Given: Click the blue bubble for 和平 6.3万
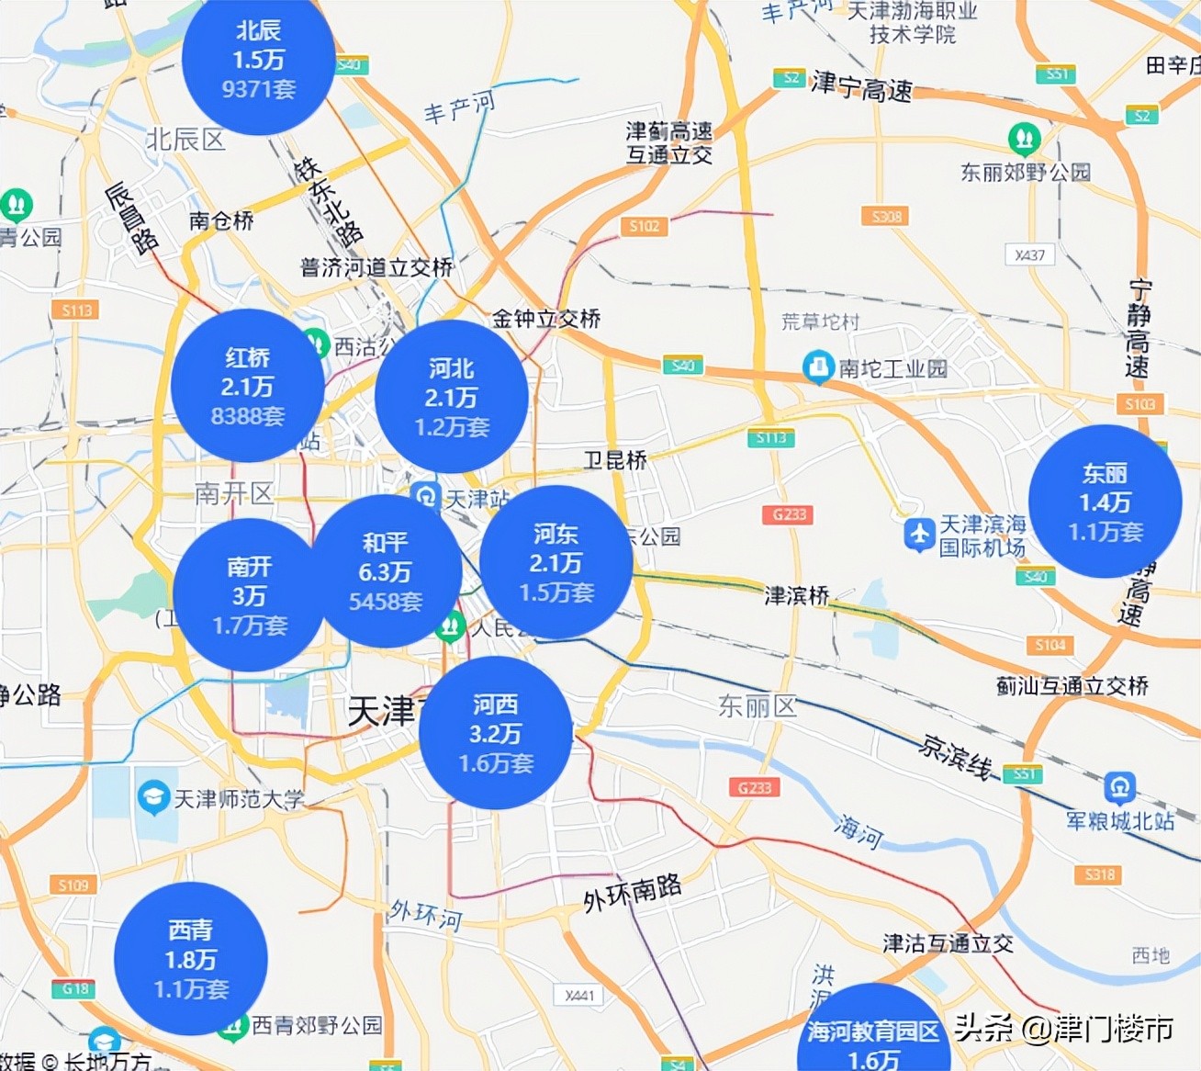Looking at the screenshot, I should click(x=386, y=571).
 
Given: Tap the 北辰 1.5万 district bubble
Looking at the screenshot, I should click(x=258, y=60).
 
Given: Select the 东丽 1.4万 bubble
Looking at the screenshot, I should click(x=1105, y=502).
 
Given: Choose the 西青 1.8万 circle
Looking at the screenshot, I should click(x=191, y=959).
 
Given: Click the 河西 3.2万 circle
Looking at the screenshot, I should click(x=496, y=733).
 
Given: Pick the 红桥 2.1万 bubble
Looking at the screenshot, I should click(x=247, y=386).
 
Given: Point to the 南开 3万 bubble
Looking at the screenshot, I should click(x=249, y=595).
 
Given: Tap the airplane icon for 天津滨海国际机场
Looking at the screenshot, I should click(x=919, y=535).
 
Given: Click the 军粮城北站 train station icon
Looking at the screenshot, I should click(x=1119, y=788).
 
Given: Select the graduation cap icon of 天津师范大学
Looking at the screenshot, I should click(x=152, y=796).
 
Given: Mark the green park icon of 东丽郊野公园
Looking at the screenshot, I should click(x=1024, y=140).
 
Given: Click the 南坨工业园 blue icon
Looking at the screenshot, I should click(x=816, y=367).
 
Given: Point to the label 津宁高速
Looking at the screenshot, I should click(x=861, y=88).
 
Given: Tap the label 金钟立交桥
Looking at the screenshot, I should click(x=546, y=319).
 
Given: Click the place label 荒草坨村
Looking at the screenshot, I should click(x=820, y=321).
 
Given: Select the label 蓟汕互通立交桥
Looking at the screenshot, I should click(x=1072, y=685).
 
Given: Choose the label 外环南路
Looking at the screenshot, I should click(x=633, y=892).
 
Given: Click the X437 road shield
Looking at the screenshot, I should click(x=1030, y=254).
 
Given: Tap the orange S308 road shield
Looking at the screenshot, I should click(x=886, y=216).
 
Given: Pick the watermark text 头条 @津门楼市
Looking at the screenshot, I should click(x=1063, y=1029).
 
